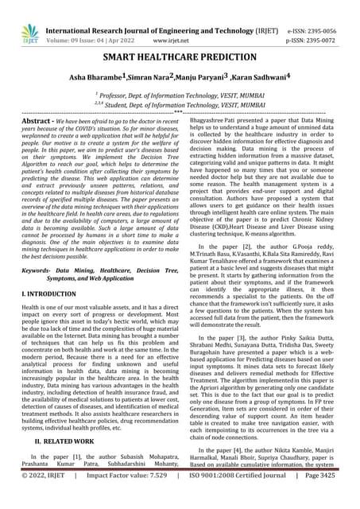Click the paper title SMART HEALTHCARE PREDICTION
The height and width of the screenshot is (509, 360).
[180, 59]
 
